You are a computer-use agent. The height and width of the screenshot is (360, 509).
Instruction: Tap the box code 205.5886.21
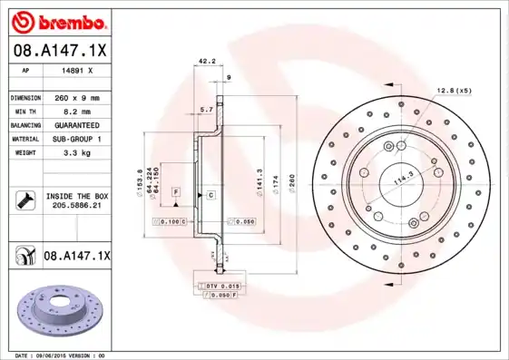[x=74, y=207]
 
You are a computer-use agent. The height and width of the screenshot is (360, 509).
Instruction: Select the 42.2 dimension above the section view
[x=206, y=63]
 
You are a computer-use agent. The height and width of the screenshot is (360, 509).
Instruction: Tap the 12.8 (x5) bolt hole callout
[x=454, y=91]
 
